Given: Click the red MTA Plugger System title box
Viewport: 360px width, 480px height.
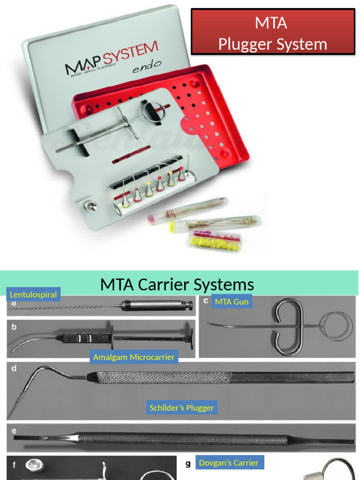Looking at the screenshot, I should (x=272, y=31).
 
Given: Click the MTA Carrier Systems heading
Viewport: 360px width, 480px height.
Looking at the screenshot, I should (x=177, y=285).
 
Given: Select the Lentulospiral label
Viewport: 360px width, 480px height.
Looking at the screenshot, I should (x=33, y=295).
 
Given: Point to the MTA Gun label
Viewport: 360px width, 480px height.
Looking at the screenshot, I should (x=232, y=301).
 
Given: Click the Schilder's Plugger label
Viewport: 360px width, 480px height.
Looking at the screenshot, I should (x=181, y=408).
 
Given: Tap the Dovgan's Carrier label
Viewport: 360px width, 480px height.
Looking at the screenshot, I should (x=228, y=463).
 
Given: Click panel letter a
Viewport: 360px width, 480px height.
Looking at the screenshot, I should (x=14, y=303).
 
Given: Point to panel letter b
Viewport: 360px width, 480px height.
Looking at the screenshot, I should (x=14, y=327).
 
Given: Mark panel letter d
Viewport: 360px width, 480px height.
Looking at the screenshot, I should (x=14, y=368).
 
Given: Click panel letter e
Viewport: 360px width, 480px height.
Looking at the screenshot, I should (x=14, y=430).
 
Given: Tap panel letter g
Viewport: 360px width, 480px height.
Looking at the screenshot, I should (x=188, y=464).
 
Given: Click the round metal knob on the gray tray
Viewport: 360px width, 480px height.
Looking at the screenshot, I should (x=89, y=205).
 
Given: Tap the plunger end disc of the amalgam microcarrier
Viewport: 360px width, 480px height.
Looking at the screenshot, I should (x=189, y=336).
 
